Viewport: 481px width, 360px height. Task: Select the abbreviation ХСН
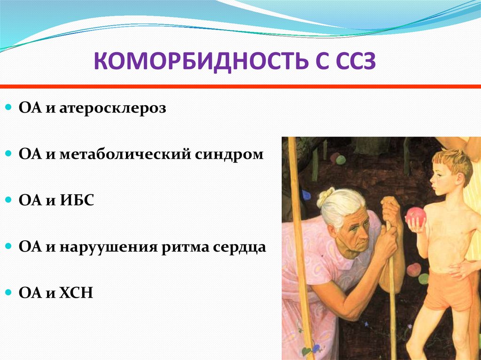click(x=76, y=293)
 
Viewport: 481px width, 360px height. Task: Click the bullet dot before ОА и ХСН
click(x=8, y=292)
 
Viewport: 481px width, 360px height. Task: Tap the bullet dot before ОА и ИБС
click(x=8, y=200)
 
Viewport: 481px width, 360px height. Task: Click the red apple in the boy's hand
click(x=416, y=216)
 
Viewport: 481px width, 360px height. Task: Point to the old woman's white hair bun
click(x=326, y=196)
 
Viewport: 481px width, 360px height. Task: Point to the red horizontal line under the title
click(x=240, y=86)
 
